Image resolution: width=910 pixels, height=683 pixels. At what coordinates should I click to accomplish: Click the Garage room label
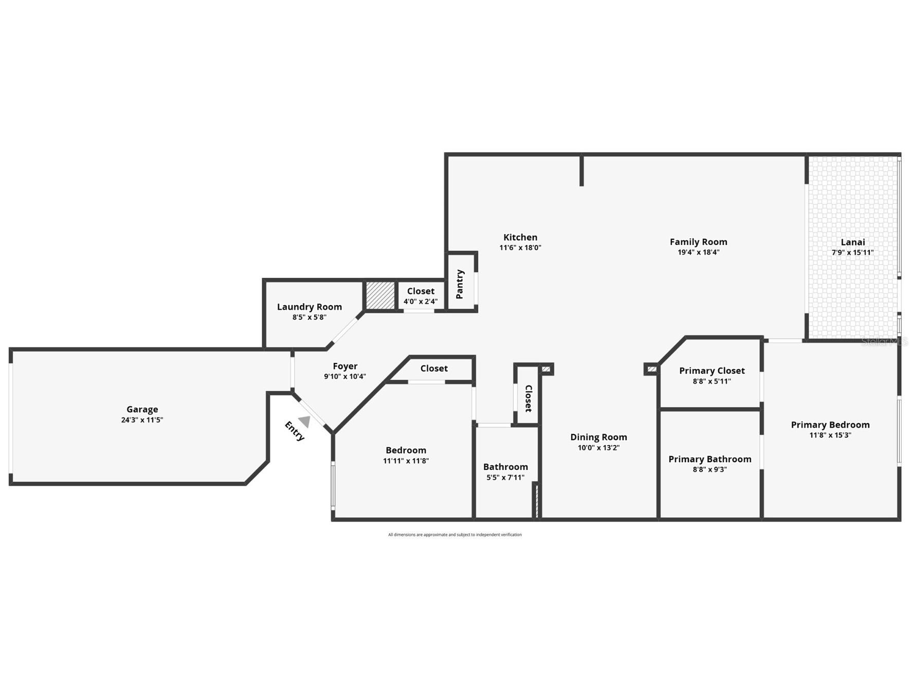142,409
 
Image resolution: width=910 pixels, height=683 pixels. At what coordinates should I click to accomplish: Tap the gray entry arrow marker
305,422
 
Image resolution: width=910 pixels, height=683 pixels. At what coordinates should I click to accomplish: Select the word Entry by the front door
295,431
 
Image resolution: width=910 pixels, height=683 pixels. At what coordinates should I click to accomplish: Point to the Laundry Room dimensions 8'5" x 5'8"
309,317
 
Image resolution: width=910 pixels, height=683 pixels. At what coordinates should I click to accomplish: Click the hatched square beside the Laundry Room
380,295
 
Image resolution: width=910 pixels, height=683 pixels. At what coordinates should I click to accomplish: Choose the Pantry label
460,284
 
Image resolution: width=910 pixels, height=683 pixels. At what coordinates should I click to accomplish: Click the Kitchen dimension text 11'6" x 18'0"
520,248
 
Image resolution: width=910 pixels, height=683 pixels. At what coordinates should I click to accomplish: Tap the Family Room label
698,241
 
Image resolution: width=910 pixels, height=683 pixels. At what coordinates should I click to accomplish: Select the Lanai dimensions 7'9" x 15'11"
852,252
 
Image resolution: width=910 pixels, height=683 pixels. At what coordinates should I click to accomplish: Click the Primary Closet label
712,371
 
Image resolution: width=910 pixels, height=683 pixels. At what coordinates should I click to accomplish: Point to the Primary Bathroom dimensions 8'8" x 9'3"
709,469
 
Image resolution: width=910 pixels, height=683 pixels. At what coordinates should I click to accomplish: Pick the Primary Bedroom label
830,425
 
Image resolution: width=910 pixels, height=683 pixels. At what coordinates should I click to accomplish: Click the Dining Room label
598,437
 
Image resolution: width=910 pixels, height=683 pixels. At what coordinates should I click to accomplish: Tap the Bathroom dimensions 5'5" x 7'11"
505,477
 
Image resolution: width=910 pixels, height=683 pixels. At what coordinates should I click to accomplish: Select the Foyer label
345,366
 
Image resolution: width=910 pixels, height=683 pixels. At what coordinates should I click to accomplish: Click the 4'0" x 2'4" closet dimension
421,302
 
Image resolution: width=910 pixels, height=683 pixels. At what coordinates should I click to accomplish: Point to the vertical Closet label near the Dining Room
528,398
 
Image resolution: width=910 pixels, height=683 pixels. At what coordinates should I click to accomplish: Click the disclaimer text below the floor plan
454,535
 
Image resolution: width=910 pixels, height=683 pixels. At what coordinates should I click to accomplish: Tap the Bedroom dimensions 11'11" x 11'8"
406,461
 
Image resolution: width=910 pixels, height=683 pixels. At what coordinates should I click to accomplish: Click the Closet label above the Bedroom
434,368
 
